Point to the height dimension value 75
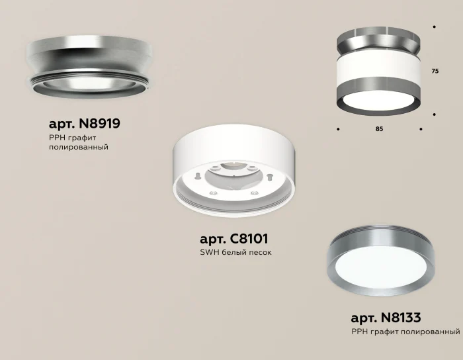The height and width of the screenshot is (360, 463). (x=435, y=71)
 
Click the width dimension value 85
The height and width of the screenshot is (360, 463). (x=379, y=128)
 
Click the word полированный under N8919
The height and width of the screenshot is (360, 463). (x=78, y=147)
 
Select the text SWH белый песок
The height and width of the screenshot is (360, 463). (x=235, y=253)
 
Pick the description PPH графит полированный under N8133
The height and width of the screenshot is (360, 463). (x=405, y=330)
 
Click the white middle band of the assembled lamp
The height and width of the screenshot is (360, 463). (x=378, y=68)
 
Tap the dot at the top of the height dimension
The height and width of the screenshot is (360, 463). (x=434, y=27)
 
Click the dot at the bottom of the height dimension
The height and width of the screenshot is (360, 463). (x=434, y=114)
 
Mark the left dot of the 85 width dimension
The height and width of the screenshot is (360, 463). (x=338, y=128)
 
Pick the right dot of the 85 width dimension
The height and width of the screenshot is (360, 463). (x=421, y=128)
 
